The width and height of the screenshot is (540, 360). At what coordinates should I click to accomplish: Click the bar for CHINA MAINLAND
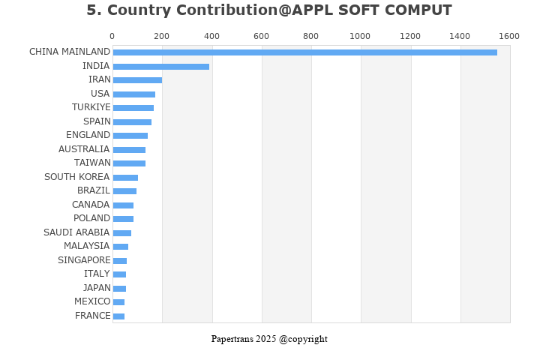(304, 52)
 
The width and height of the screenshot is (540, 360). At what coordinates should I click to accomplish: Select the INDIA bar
(160, 66)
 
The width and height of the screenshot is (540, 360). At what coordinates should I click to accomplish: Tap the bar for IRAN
(137, 80)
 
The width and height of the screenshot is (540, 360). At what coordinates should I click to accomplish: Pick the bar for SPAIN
(132, 121)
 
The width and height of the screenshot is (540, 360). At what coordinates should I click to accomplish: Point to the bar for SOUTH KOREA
(125, 177)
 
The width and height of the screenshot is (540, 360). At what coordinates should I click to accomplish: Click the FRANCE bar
(118, 316)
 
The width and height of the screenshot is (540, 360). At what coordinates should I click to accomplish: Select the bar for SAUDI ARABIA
(121, 232)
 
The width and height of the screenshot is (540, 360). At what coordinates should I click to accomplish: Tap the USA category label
(100, 94)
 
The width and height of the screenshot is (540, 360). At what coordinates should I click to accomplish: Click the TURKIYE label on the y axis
(91, 107)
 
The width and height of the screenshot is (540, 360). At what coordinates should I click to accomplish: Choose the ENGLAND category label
(88, 135)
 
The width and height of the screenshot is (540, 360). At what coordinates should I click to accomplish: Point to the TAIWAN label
(92, 163)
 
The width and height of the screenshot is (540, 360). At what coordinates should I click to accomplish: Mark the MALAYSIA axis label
(86, 246)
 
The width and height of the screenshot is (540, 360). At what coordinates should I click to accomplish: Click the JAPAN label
(96, 288)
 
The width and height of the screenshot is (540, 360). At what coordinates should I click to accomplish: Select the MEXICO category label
(92, 301)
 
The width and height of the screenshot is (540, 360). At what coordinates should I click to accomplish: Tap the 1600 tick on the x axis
(509, 36)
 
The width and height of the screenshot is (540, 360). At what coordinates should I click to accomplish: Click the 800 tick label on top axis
(310, 36)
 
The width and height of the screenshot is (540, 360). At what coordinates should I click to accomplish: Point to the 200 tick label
(162, 36)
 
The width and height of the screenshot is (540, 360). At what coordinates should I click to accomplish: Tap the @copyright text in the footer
(303, 339)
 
